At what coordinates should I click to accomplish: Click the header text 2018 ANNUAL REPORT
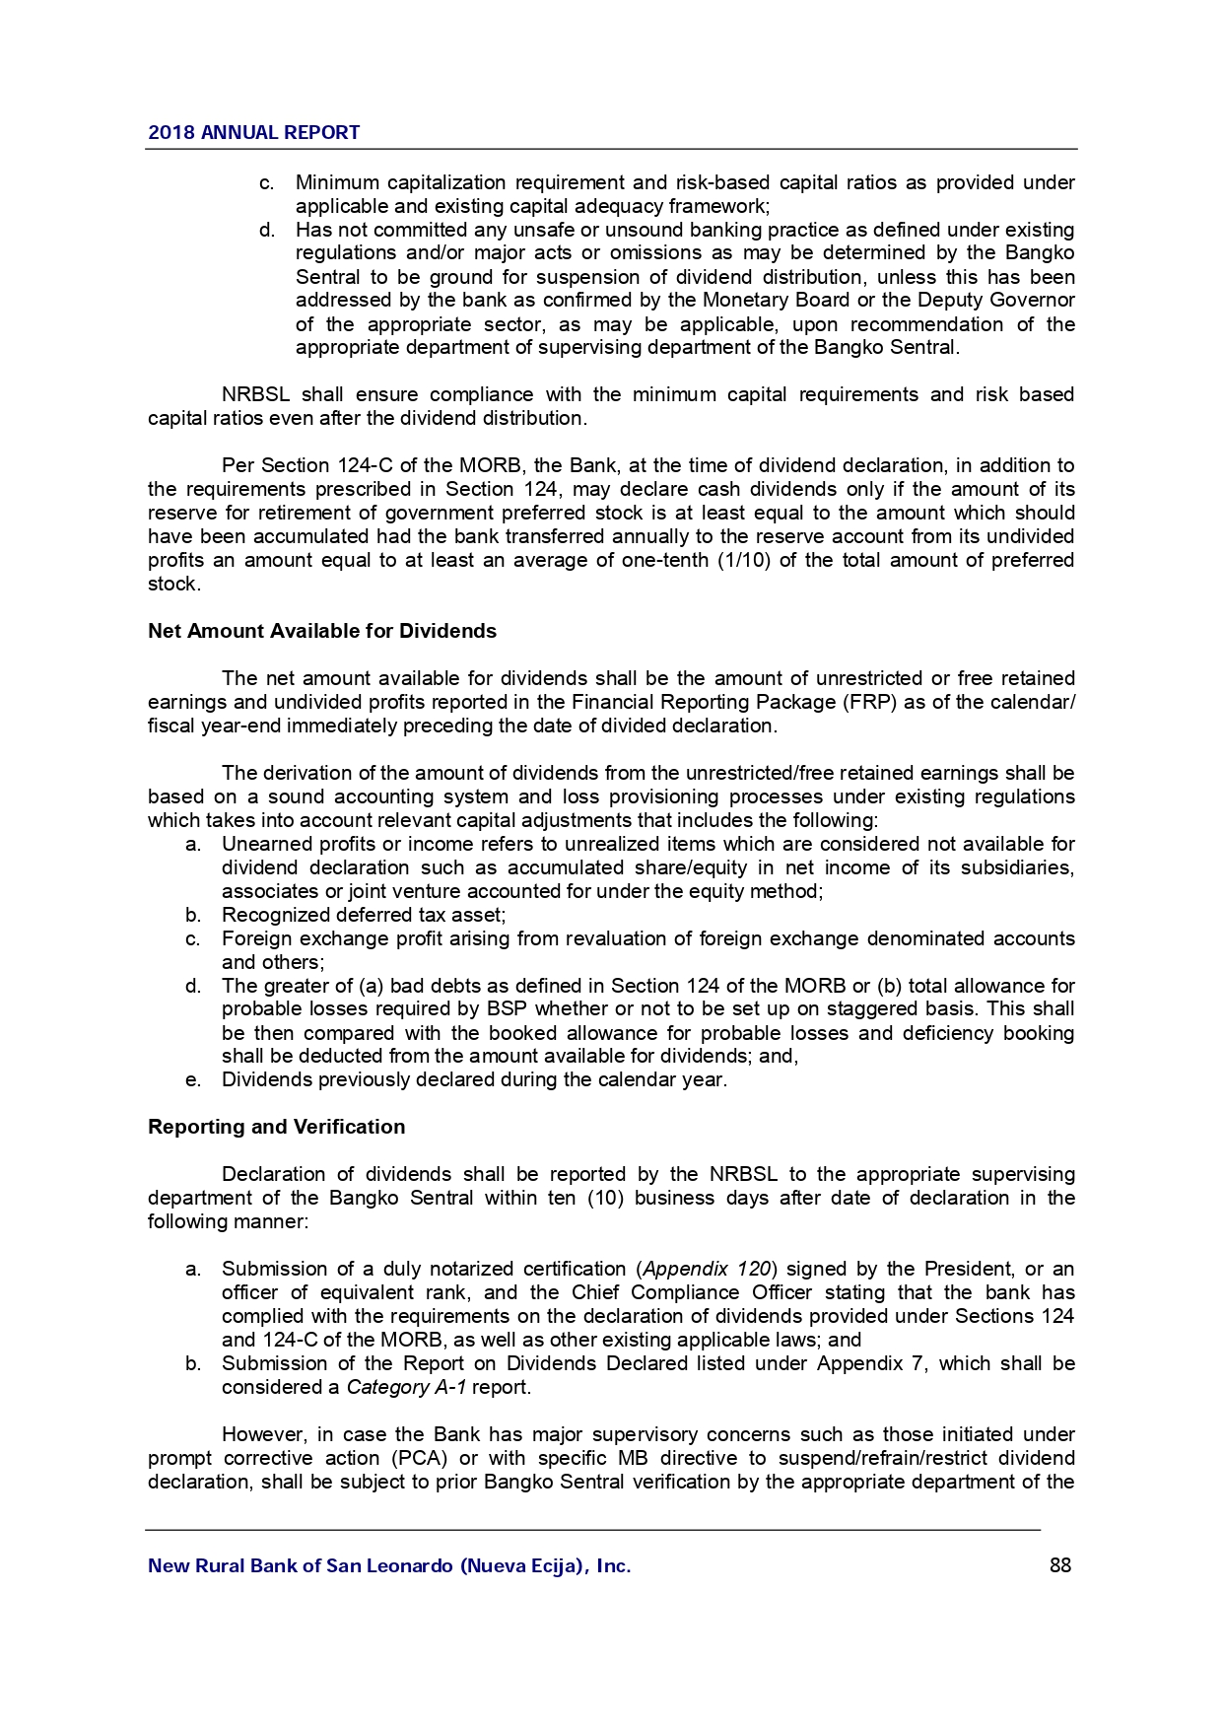(253, 132)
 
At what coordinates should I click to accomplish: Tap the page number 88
(1060, 1565)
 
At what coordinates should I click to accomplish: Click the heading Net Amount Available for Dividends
(322, 631)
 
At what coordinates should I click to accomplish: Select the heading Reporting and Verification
(276, 1127)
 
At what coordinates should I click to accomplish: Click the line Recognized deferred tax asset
(364, 915)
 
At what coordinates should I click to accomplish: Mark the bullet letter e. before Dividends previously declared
(193, 1079)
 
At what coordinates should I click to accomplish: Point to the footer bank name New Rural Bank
(388, 1565)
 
